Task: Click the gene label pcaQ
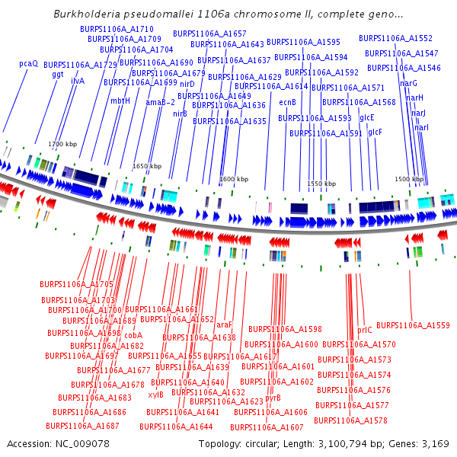[28, 64]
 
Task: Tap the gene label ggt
[58, 75]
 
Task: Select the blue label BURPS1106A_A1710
[111, 29]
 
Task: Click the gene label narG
[408, 83]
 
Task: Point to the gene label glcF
[375, 133]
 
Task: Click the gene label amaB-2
[160, 102]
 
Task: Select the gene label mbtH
[120, 101]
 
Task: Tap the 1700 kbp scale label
[62, 144]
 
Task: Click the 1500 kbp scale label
[408, 179]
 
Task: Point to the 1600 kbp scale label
[234, 180]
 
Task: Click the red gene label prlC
[365, 331]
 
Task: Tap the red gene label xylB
[156, 395]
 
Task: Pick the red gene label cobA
[133, 335]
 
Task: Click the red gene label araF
[224, 325]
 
